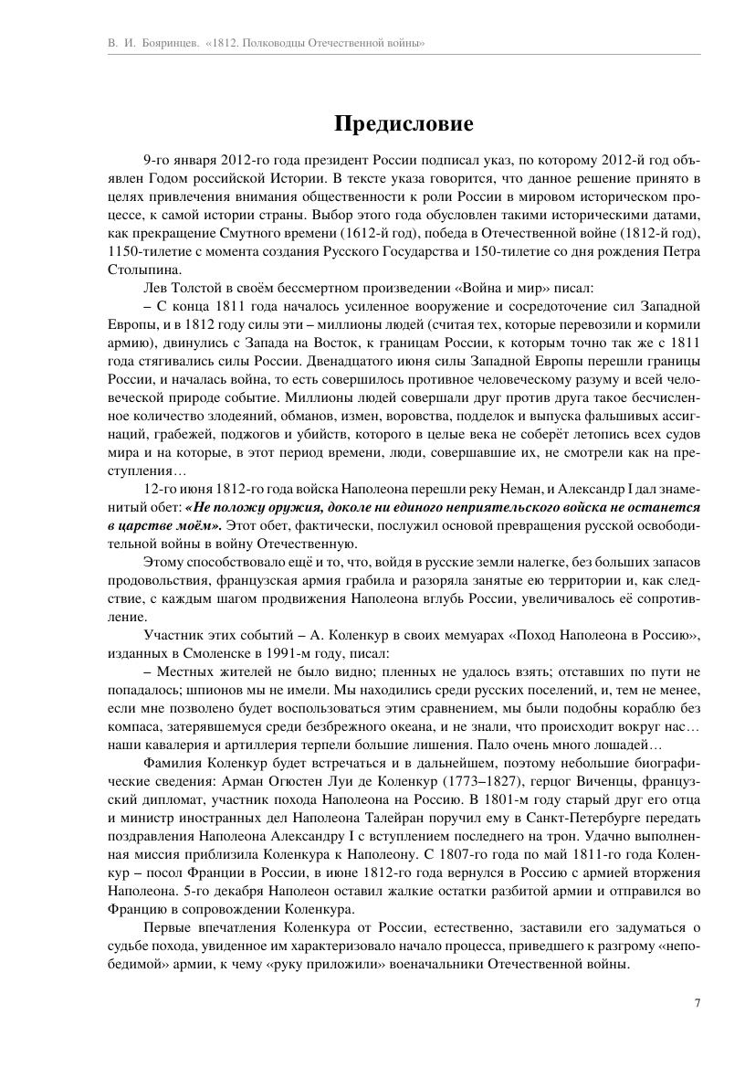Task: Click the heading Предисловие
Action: [x=403, y=123]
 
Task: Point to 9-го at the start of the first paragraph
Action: [x=159, y=160]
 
